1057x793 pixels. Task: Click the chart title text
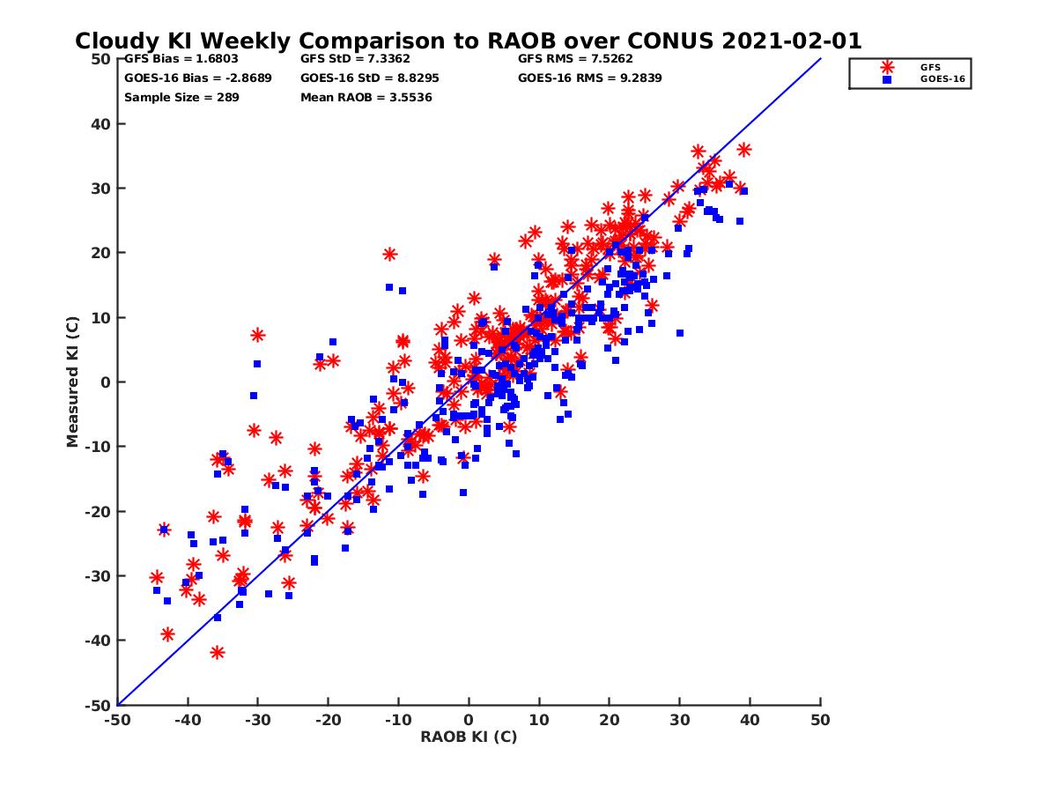[468, 41]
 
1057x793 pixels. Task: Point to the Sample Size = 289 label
[181, 97]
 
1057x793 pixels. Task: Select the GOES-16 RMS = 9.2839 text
[589, 78]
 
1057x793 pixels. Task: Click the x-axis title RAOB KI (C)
[469, 737]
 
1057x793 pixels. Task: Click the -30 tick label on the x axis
[256, 720]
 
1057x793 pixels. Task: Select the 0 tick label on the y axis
[107, 382]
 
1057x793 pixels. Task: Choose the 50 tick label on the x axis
[821, 720]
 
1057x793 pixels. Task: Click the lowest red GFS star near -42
[218, 652]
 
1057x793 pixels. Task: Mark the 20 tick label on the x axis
[610, 720]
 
